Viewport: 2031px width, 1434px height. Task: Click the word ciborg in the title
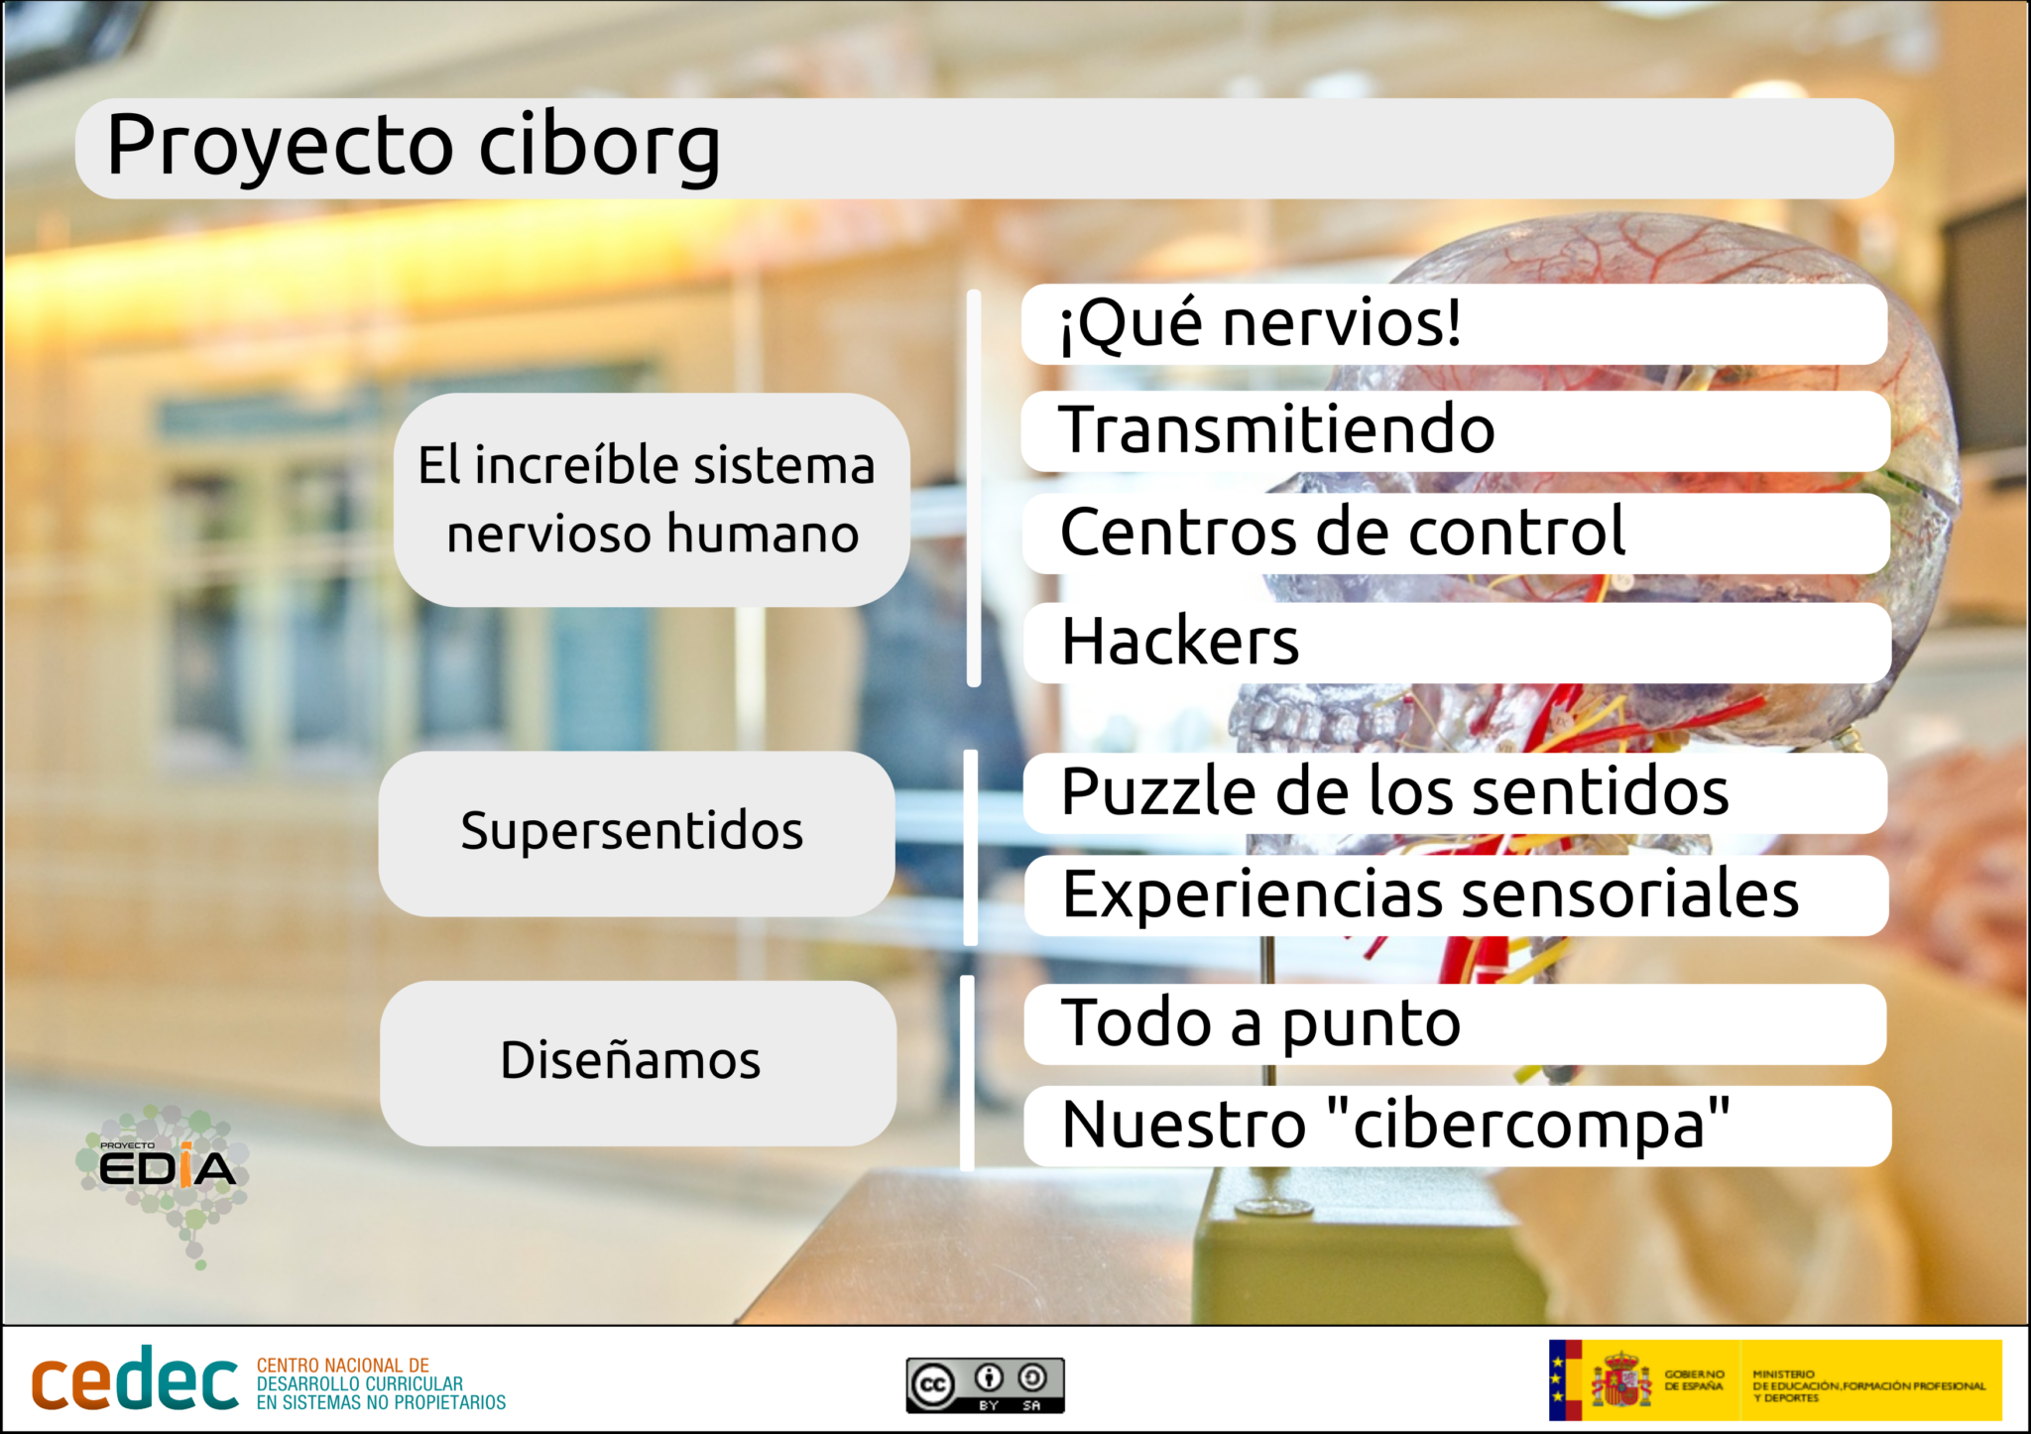point(600,147)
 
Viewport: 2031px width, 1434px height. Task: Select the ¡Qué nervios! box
point(1454,324)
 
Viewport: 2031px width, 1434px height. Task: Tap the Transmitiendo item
point(1456,431)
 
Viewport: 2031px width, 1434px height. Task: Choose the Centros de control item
point(1456,534)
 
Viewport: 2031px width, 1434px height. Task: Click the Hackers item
point(1457,643)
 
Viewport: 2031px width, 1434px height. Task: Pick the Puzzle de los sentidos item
point(1455,793)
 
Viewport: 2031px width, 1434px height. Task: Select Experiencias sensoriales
point(1456,896)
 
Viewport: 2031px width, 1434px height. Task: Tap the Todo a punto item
point(1455,1024)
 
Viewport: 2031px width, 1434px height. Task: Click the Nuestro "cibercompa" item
point(1458,1127)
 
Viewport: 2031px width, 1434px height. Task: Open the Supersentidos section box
point(637,834)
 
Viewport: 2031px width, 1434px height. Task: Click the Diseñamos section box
point(638,1063)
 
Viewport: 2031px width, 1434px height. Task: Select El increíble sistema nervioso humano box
point(652,500)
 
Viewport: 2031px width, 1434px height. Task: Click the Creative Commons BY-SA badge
point(985,1385)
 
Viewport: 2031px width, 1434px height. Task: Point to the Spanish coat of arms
point(1621,1379)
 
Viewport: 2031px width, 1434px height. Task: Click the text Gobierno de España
point(1695,1380)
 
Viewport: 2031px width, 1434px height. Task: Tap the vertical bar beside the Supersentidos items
point(971,848)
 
